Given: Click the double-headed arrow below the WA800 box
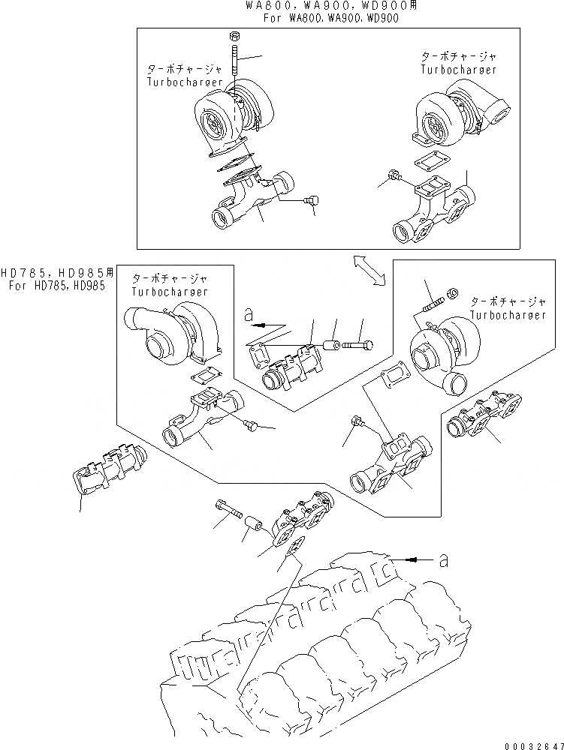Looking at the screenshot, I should click(x=368, y=269).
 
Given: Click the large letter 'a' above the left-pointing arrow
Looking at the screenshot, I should click(x=249, y=316).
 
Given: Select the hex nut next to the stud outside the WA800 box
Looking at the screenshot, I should click(x=452, y=292).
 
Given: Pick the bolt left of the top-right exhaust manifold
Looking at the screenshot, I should click(x=394, y=180).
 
